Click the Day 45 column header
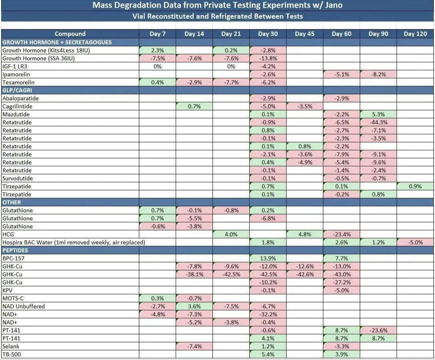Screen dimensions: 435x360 click(x=305, y=34)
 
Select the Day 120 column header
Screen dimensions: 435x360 click(x=415, y=34)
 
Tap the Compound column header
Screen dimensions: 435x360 click(x=70, y=34)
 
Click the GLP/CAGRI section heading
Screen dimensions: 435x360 click(x=17, y=90)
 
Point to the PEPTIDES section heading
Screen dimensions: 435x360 click(x=15, y=250)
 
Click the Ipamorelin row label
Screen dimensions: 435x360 click(x=16, y=74)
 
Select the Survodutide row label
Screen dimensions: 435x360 click(x=18, y=178)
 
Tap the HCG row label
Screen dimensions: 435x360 click(x=8, y=234)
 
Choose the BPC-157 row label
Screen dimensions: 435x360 click(x=13, y=258)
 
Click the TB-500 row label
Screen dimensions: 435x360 click(x=12, y=354)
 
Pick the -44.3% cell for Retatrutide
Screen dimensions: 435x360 click(x=379, y=122)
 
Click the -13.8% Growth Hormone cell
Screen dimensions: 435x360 click(x=268, y=58)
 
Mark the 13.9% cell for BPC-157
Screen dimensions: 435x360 click(x=268, y=258)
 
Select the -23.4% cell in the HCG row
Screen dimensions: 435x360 click(x=341, y=234)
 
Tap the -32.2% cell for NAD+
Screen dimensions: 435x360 click(x=268, y=314)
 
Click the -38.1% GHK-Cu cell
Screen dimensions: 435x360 click(x=194, y=274)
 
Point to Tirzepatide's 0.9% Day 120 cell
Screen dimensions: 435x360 click(x=415, y=186)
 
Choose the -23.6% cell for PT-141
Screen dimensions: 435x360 click(x=379, y=330)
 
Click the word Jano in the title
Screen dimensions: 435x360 click(x=334, y=5)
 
